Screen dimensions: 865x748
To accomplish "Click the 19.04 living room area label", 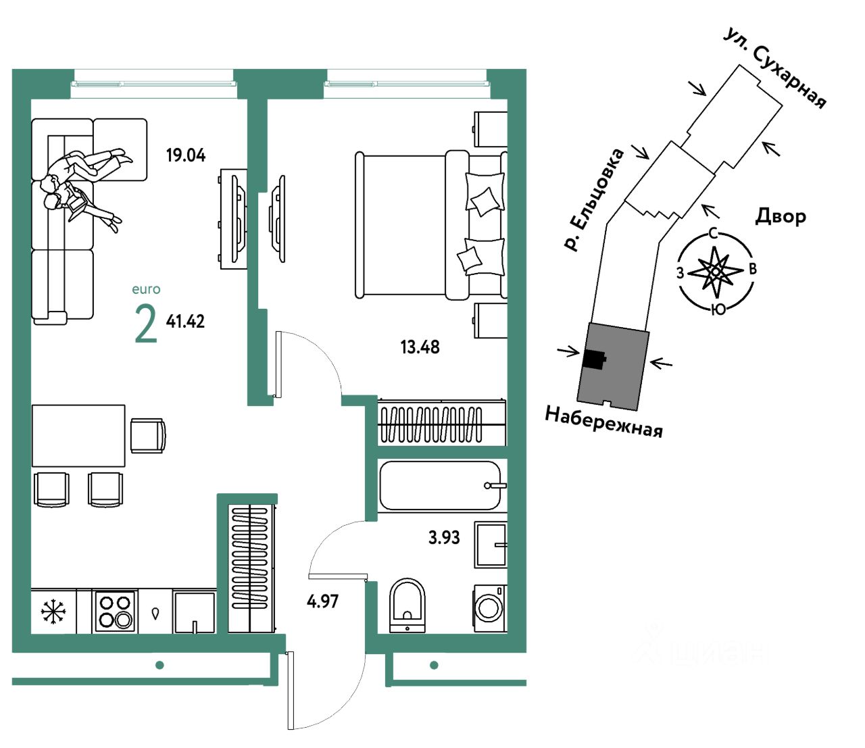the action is (186, 155).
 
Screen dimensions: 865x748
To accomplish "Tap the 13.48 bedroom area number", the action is (420, 347).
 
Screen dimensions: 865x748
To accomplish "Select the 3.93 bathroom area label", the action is (444, 537).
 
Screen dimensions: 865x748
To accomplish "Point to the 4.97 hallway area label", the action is (322, 601).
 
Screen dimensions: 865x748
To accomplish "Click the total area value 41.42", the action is (185, 322).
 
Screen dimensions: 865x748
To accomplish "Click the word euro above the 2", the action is (146, 289).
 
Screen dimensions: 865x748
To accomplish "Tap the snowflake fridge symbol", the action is (53, 612).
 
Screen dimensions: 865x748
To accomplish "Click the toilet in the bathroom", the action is (407, 605).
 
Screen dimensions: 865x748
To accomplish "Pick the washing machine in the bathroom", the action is (490, 608).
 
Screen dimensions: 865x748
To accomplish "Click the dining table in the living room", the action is (78, 436).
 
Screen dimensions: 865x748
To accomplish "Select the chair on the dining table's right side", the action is (148, 436).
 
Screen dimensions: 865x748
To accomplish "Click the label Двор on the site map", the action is (781, 217).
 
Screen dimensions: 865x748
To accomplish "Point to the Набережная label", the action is (604, 422).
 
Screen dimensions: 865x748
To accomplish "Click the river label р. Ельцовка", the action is (593, 200).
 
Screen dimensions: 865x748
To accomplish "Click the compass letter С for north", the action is (714, 233).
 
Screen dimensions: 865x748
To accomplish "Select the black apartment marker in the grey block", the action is (594, 359).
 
